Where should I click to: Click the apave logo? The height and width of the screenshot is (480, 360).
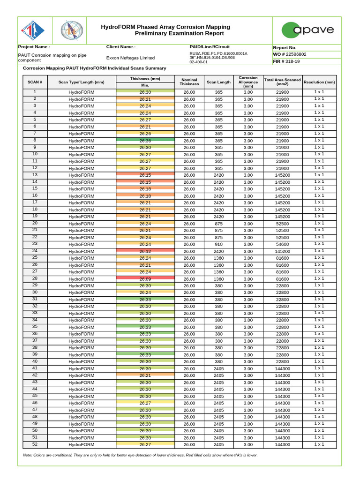(x=307, y=30)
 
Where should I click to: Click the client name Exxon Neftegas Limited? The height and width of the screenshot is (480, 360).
(x=130, y=58)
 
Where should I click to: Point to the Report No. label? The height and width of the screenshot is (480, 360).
(x=285, y=47)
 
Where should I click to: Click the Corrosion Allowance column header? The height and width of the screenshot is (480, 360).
(x=248, y=82)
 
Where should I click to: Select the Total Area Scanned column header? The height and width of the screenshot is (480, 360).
(x=282, y=82)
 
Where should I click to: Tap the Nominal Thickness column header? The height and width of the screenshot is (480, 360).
(x=189, y=82)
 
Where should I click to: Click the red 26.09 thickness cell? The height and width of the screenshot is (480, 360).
(x=145, y=279)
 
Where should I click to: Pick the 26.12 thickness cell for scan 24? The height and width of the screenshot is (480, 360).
(x=145, y=251)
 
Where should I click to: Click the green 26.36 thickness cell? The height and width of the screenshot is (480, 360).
(x=145, y=141)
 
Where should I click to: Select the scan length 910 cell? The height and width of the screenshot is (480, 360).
(x=218, y=244)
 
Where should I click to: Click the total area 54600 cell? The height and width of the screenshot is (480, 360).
(x=282, y=244)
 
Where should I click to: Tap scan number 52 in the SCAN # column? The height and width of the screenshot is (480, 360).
(x=35, y=444)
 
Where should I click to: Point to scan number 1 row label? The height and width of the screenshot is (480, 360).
(x=35, y=92)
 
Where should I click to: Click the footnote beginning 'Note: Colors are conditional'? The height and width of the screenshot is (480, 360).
(x=140, y=455)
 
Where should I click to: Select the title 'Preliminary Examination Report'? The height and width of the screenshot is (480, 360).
(x=165, y=34)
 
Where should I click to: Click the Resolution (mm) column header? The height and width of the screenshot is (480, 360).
(x=319, y=82)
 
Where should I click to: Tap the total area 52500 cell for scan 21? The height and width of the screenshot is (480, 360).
(x=282, y=231)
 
